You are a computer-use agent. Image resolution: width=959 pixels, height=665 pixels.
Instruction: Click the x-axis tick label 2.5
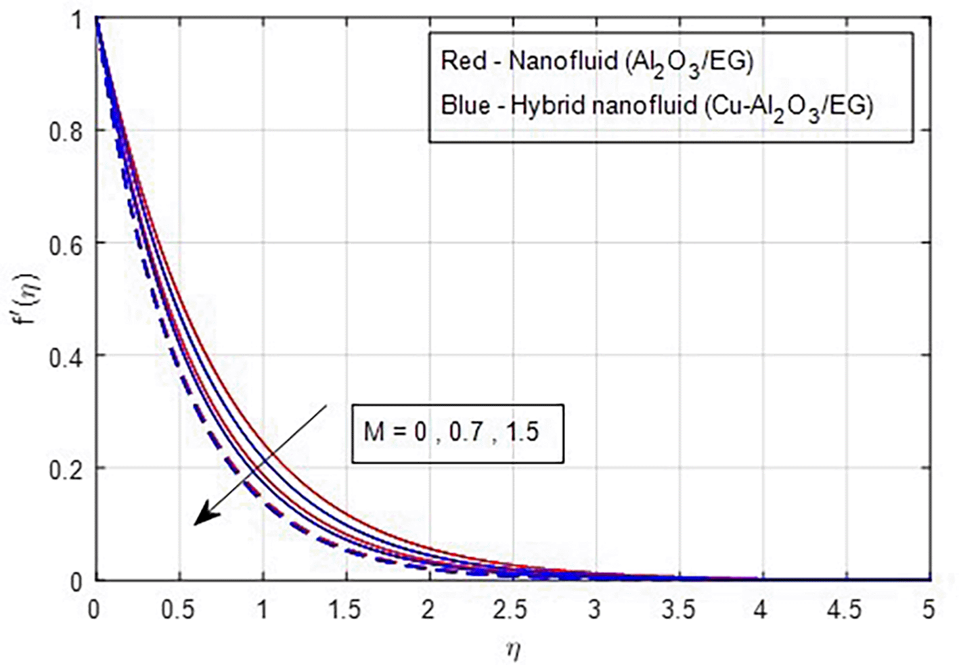(x=510, y=610)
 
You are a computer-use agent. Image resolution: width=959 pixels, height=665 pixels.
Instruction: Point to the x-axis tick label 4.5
(x=845, y=610)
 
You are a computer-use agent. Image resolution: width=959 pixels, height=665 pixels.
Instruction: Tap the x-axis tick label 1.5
(x=344, y=610)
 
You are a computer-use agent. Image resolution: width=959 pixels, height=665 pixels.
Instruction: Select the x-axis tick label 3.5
(x=677, y=610)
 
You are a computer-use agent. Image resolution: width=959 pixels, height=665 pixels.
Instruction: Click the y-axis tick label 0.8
(x=66, y=131)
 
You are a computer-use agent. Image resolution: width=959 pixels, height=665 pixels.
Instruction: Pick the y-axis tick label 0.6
(x=66, y=244)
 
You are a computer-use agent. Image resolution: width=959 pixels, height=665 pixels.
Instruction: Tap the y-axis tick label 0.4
(x=66, y=357)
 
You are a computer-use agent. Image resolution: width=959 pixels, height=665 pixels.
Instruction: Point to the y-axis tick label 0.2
(x=66, y=469)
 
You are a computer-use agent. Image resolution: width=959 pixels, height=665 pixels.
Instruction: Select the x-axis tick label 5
(x=928, y=610)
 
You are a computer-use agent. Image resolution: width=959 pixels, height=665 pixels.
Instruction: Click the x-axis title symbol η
(x=513, y=650)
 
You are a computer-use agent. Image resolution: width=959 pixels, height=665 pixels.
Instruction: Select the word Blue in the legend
(x=466, y=106)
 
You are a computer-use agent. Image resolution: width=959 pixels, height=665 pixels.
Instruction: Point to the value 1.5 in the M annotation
(x=522, y=432)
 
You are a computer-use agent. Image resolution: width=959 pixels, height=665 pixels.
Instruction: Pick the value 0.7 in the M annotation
(x=466, y=432)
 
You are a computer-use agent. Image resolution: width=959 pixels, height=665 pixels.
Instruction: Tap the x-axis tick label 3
(x=594, y=610)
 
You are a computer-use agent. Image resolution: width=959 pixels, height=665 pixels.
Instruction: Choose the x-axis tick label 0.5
(x=177, y=610)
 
